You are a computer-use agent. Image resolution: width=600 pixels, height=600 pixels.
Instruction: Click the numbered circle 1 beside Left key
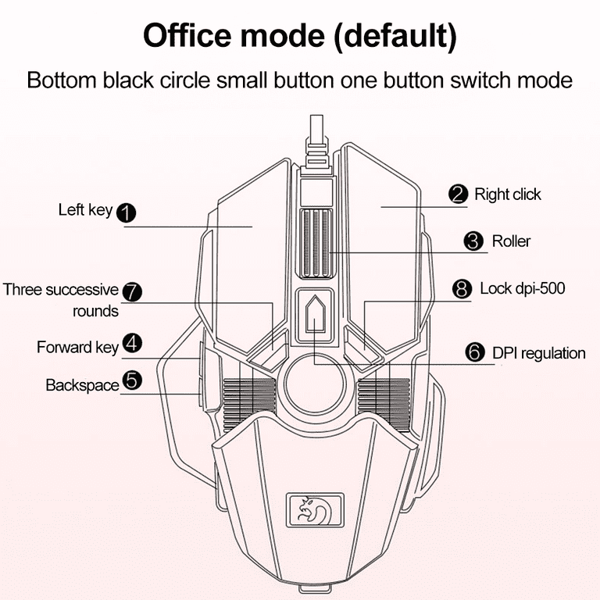126,212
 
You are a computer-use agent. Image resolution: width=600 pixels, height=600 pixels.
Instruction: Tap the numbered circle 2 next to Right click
459,195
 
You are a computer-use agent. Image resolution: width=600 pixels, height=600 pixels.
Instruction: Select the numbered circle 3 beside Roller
473,241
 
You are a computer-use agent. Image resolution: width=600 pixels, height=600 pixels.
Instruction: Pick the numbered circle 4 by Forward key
132,344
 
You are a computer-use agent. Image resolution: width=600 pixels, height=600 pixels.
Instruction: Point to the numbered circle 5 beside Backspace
132,380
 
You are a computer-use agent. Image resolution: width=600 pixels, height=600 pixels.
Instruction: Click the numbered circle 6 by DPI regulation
474,352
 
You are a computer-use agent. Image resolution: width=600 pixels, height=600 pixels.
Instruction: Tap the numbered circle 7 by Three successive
133,291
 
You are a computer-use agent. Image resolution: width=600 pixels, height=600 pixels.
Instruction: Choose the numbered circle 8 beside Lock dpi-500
463,289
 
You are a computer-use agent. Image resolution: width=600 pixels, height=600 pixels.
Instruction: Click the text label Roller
511,241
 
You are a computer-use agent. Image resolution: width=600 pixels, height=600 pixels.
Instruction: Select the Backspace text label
81,385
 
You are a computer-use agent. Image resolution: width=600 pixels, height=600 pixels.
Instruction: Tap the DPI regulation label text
538,353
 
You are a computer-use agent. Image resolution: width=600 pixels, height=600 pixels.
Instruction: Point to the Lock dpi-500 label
522,288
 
